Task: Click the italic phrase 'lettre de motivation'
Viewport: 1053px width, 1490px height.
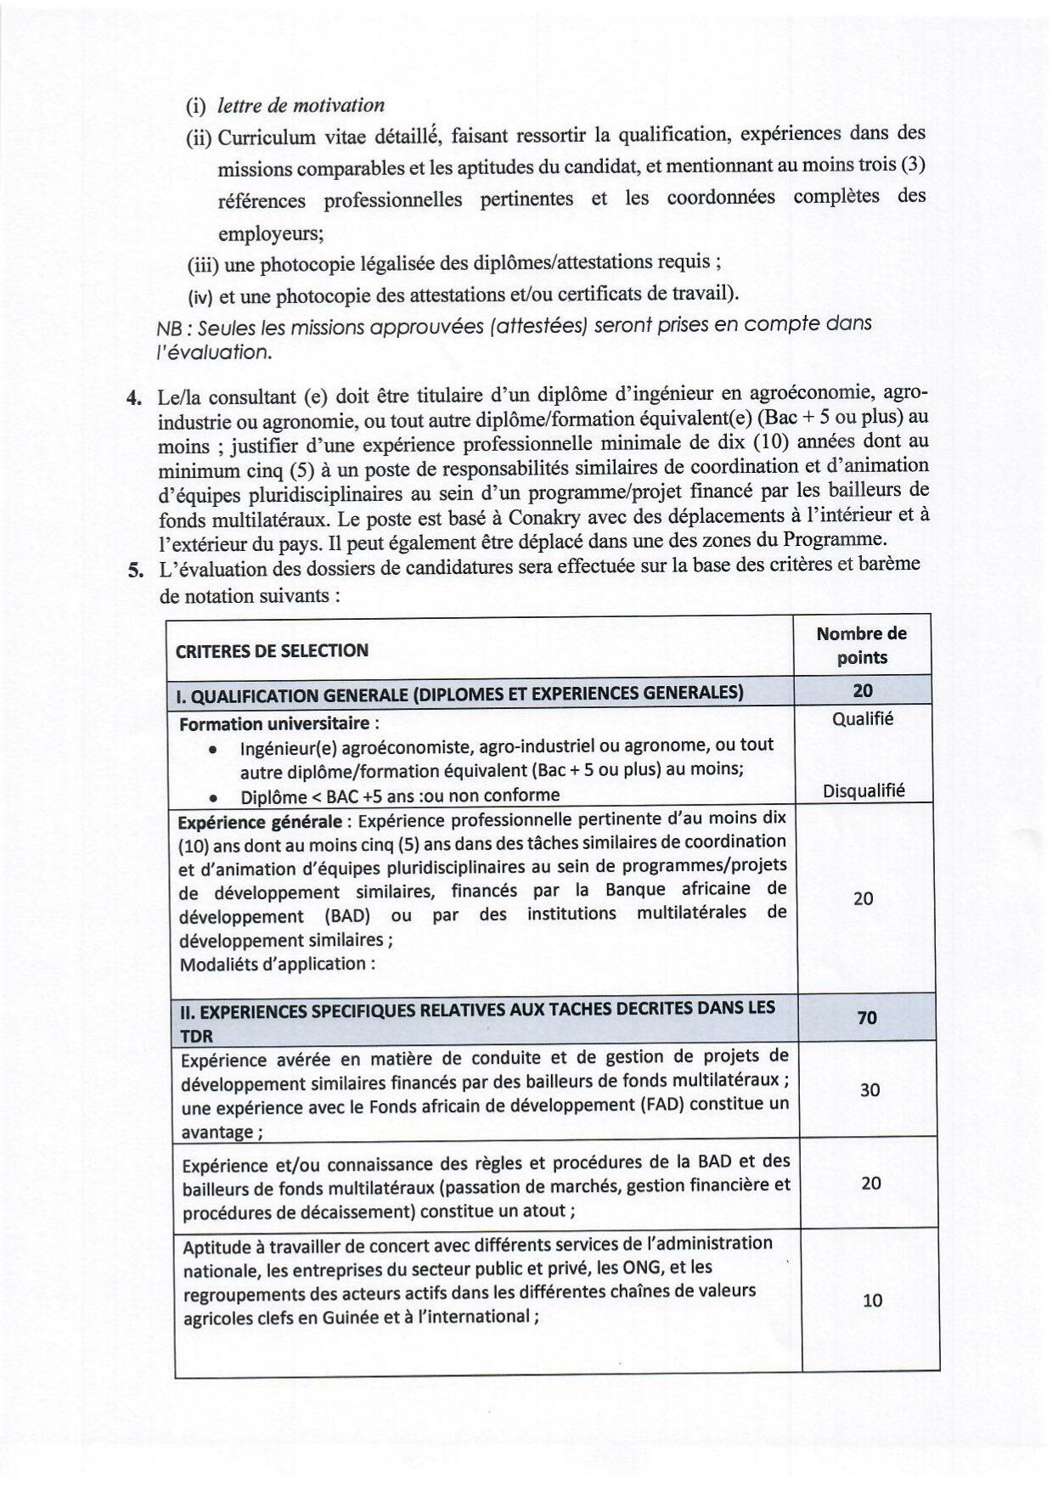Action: point(301,105)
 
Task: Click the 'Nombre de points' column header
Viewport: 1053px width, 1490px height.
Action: point(861,645)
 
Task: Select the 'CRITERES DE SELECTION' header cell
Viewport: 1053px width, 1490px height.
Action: point(272,651)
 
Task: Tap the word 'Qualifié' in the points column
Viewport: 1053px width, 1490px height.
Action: point(863,719)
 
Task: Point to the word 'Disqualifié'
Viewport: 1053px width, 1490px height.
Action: point(864,791)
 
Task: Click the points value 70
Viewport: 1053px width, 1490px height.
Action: point(866,1017)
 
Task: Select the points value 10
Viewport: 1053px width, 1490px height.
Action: point(872,1300)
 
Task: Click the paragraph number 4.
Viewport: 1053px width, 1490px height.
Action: point(132,396)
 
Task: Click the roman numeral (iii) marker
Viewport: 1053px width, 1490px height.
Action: point(203,265)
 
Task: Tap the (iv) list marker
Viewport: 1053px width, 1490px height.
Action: point(201,295)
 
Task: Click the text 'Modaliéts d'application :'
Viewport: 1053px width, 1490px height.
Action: point(277,964)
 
